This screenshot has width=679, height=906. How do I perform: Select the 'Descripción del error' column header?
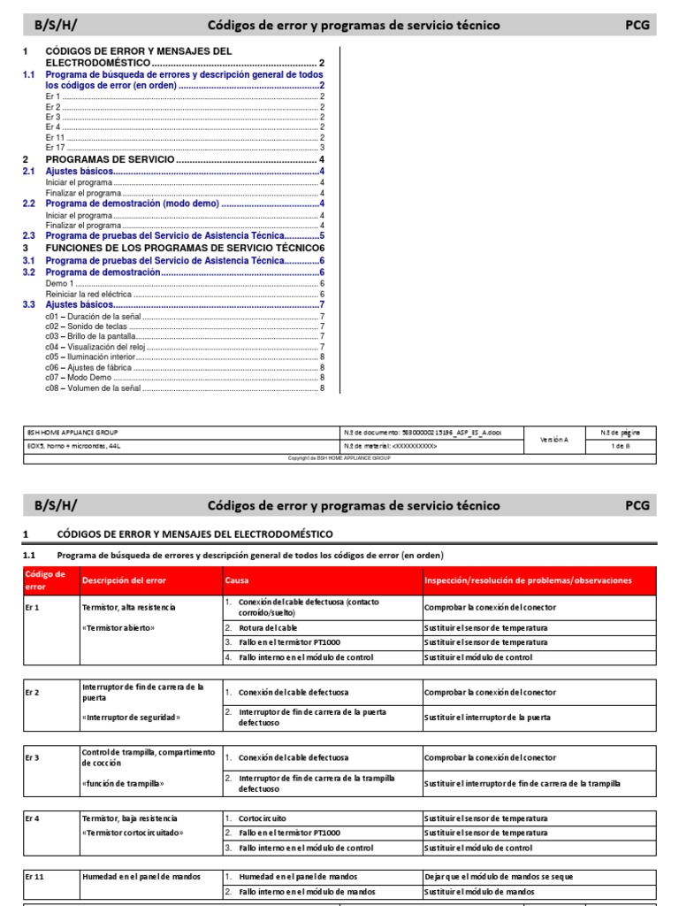point(125,580)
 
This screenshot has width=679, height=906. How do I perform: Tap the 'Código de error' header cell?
point(45,580)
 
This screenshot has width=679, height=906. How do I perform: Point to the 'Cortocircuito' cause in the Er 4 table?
point(263,818)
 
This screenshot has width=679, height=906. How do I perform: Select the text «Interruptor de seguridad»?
point(131,717)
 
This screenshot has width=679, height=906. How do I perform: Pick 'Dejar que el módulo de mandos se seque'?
point(499,877)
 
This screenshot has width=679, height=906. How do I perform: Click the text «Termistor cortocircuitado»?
point(132,833)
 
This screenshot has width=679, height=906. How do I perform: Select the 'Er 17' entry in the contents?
point(54,148)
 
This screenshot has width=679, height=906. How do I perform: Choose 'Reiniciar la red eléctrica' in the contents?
point(88,294)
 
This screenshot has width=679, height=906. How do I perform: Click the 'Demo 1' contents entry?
point(59,284)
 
